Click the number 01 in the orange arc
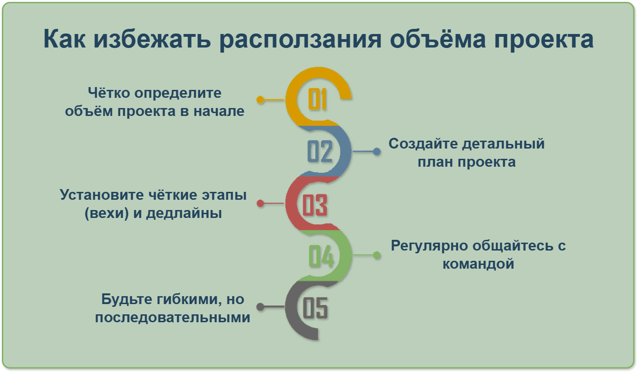click(317, 99)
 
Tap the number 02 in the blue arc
click(320, 151)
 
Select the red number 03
click(315, 205)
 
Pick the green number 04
click(321, 256)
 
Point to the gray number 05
click(315, 308)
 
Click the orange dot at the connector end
click(260, 100)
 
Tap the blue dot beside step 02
click(377, 151)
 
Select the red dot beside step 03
click(260, 203)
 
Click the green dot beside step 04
click(377, 255)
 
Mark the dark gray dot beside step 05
click(260, 307)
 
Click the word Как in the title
click(64, 39)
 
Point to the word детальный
click(503, 144)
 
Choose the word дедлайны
click(184, 214)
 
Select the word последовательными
click(172, 317)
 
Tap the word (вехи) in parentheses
click(107, 213)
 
